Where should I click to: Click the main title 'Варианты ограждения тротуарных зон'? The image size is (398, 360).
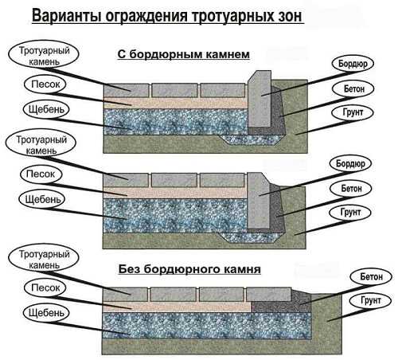167,16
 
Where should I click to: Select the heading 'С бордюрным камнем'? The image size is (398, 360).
184,54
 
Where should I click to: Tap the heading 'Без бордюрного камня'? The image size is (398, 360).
189,269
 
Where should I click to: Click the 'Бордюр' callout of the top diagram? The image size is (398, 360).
353,64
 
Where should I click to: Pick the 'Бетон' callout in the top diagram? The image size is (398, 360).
354,88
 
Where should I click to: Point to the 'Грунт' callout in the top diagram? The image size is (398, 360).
353,112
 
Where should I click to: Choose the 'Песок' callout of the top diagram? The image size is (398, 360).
45,84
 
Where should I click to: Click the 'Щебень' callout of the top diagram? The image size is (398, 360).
46,109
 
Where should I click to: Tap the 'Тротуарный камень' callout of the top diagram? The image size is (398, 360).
44,56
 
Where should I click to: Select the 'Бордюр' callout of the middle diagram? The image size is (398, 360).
350,164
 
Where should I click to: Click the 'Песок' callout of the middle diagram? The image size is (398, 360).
41,174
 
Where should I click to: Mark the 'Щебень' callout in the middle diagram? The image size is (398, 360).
42,199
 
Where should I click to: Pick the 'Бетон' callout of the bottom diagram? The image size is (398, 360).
371,276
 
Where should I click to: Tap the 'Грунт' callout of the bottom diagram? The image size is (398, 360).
370,300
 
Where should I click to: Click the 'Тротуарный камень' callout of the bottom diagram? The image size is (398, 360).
44,260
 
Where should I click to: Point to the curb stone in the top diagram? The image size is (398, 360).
259,99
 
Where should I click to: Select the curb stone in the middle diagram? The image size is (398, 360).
259,201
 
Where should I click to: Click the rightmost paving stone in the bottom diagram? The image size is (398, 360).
269,295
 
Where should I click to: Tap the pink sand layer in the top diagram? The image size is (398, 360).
175,103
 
